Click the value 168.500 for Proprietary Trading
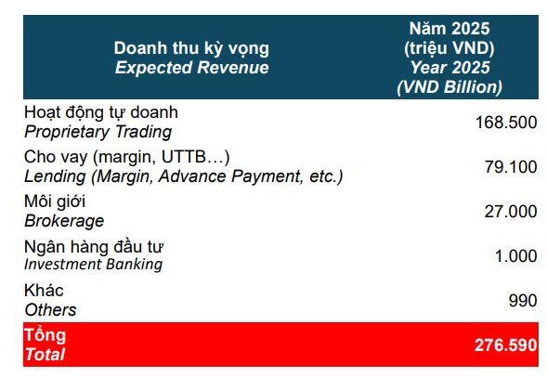pos(506,123)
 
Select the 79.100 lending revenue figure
pos(511,167)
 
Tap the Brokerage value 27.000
pos(511,212)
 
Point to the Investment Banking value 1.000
pos(515,256)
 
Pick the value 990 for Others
pos(523,301)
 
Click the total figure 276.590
pos(506,345)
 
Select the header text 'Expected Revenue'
pos(192,67)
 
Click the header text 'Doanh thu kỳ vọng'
pos(191,48)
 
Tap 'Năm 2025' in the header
pos(449,28)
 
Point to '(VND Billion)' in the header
pos(449,87)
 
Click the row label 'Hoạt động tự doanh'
pos(101,112)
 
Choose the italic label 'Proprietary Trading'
pos(98,132)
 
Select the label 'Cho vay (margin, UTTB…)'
pos(127,157)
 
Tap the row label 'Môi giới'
pos(55,201)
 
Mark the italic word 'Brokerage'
pos(64,221)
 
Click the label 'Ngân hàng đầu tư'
pos(94,247)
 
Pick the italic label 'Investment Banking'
pos(94,264)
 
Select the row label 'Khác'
pos(44,290)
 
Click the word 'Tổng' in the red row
pos(45,335)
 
